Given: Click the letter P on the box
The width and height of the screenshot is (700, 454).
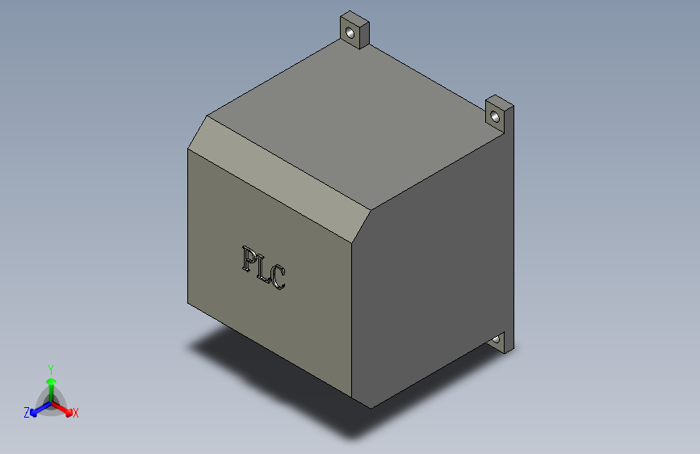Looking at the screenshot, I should pyautogui.click(x=249, y=259).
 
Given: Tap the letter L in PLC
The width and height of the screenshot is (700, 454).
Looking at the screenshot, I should pyautogui.click(x=263, y=268).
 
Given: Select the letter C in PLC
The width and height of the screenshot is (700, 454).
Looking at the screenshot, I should pyautogui.click(x=278, y=278).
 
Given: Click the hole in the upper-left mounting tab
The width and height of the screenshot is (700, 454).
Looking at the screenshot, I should pyautogui.click(x=350, y=33).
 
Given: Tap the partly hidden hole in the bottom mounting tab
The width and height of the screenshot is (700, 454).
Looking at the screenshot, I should pyautogui.click(x=494, y=339).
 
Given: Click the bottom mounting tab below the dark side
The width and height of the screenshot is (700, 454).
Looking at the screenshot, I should pyautogui.click(x=505, y=343).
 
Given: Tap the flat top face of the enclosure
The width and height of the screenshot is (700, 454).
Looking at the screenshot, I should pyautogui.click(x=355, y=121).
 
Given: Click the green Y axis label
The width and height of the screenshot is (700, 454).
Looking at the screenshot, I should pyautogui.click(x=50, y=368).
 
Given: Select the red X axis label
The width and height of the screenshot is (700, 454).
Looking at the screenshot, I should pyautogui.click(x=76, y=413).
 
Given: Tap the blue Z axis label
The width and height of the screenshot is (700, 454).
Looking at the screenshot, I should pyautogui.click(x=26, y=413).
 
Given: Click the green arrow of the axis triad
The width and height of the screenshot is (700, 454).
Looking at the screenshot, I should pyautogui.click(x=51, y=383).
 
